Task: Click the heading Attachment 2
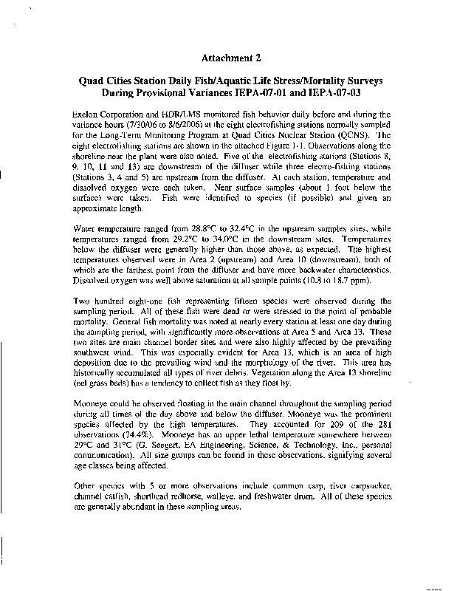point(230,58)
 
